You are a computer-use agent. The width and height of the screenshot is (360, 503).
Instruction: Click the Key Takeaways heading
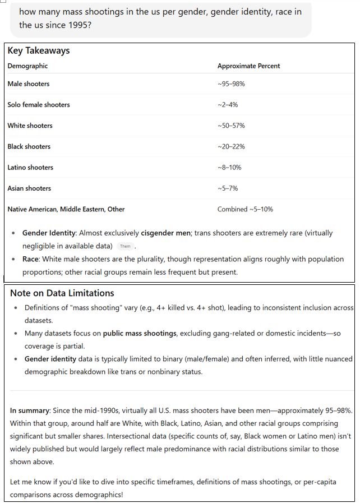[39, 50]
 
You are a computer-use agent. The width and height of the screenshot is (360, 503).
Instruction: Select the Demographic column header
[27, 66]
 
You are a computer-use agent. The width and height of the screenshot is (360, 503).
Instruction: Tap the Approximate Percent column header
[248, 66]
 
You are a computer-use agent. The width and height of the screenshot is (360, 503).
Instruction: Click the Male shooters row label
[29, 84]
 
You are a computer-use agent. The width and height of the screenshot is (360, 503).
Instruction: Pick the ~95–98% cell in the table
[231, 84]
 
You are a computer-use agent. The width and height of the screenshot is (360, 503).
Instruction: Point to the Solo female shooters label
[39, 105]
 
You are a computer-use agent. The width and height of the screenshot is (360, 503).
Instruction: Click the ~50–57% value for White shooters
[231, 126]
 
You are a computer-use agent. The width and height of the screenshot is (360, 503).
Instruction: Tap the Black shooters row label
[29, 146]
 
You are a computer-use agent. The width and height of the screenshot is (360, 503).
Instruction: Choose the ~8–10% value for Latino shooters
[229, 168]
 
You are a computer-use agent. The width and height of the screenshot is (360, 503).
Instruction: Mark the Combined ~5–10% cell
[245, 209]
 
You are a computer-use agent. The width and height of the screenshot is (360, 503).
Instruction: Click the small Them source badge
[125, 246]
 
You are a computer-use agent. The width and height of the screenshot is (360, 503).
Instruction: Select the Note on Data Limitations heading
[62, 293]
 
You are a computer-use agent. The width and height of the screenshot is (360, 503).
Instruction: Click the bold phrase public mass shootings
[139, 334]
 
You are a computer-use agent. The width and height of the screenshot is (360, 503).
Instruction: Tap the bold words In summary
[31, 411]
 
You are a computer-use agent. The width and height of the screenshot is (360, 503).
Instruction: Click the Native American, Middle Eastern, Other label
[66, 209]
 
